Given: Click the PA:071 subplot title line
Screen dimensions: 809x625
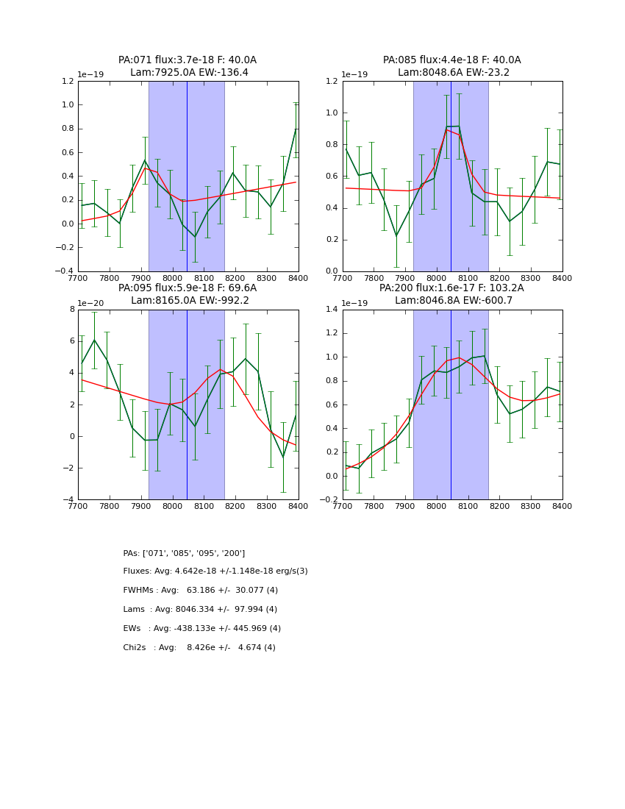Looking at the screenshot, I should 187,60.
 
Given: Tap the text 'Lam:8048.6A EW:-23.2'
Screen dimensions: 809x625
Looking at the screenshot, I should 453,73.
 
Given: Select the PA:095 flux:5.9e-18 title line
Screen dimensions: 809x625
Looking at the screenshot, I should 187,288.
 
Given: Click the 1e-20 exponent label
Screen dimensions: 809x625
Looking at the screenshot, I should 90,303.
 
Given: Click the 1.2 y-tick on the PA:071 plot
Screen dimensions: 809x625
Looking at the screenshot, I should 67,81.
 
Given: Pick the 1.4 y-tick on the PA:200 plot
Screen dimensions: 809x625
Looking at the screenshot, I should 332,310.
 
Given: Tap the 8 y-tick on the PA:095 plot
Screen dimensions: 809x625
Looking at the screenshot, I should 71,310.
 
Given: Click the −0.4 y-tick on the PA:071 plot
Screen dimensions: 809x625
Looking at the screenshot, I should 65,271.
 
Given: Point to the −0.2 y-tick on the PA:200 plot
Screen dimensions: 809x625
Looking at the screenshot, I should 329,500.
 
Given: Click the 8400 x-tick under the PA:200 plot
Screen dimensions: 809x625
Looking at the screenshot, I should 562,507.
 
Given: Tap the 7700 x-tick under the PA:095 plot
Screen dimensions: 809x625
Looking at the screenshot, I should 78,507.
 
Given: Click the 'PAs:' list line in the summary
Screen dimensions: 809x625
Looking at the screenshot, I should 184,553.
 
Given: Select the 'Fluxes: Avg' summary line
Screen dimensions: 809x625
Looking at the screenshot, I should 215,571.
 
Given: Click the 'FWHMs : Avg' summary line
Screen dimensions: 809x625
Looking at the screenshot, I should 200,591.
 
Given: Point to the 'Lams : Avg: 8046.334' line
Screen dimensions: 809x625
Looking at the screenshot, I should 200,610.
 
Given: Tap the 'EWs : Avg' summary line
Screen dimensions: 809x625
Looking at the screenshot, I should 202,629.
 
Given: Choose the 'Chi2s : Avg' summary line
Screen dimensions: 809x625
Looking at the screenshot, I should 199,648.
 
